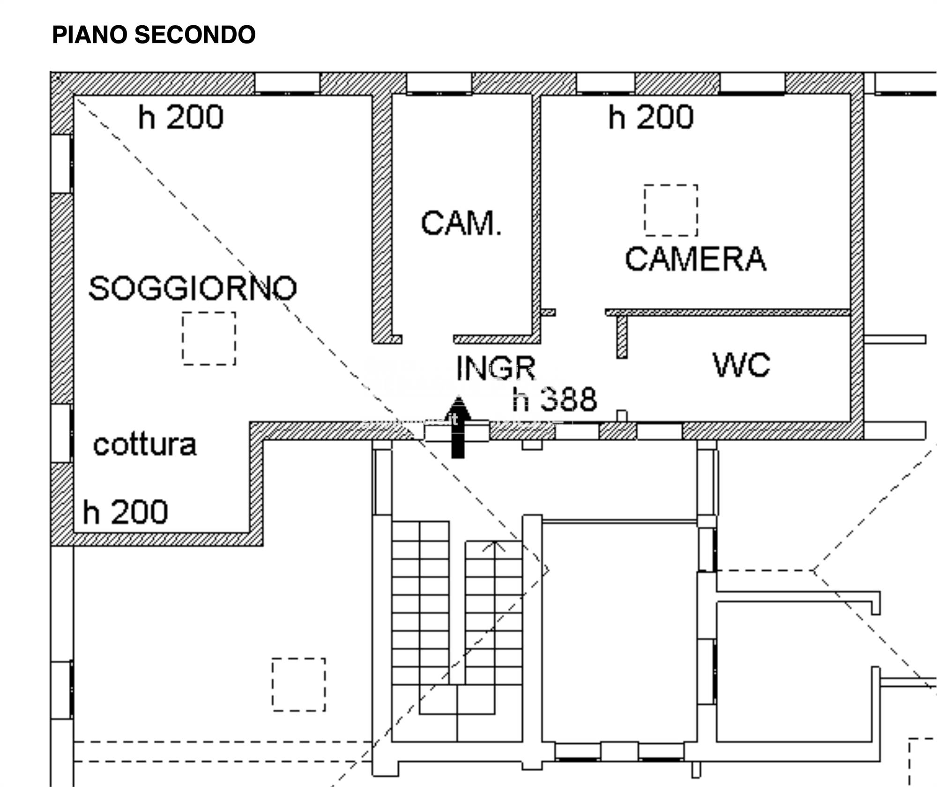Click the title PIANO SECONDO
coord(154,35)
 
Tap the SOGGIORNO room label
coord(193,288)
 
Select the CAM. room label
coord(461,223)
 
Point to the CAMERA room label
coord(695,259)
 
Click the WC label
coord(741,365)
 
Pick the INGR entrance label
coord(496,368)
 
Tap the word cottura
coord(145,445)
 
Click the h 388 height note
coord(554,400)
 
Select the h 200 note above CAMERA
coord(651,117)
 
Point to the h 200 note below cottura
coord(125,512)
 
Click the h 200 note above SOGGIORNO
coord(180,117)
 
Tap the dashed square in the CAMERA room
coord(670,210)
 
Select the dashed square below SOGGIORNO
coord(209,338)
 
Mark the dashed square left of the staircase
coord(298,684)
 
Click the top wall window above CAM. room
coord(439,83)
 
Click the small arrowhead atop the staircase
coord(494,545)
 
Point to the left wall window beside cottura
coord(61,433)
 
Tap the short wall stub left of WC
coord(621,336)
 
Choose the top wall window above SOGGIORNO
coord(287,83)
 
